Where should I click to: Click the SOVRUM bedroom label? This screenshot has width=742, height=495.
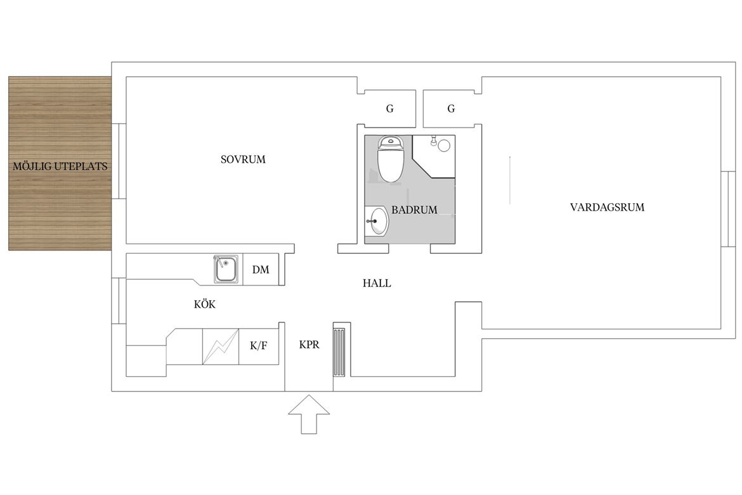click(x=243, y=159)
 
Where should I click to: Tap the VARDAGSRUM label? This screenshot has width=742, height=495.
click(x=607, y=207)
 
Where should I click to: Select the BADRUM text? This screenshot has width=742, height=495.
click(x=414, y=210)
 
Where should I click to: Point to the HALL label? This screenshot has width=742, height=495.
click(x=377, y=283)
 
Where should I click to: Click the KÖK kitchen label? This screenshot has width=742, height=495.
click(x=204, y=303)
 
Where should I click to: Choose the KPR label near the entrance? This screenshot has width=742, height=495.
click(x=309, y=345)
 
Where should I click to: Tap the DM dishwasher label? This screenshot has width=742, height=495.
click(x=260, y=270)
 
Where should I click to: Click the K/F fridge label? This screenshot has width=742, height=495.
click(x=258, y=346)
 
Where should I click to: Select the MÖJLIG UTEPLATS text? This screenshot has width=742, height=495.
click(x=60, y=166)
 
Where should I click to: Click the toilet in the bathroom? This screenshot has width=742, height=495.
click(x=391, y=159)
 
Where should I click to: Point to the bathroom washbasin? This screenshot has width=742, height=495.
click(x=377, y=221)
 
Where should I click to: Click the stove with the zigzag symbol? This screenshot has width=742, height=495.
click(x=221, y=346)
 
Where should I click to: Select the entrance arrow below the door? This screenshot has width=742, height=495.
click(x=309, y=414)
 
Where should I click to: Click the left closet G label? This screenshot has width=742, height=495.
click(x=390, y=109)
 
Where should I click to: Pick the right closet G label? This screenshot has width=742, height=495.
click(x=451, y=109)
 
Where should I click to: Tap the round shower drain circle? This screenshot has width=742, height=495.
click(x=444, y=145)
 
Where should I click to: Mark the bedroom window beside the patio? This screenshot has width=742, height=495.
click(x=119, y=161)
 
